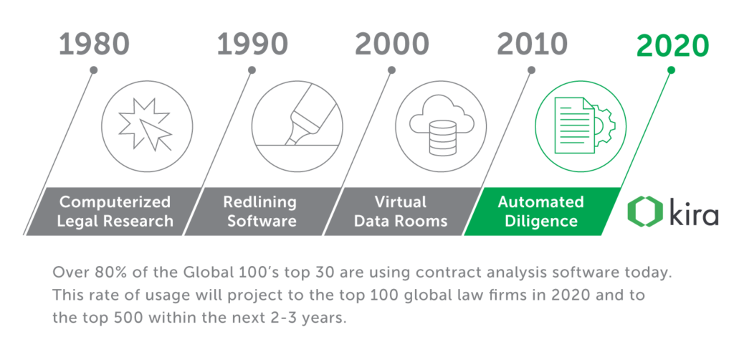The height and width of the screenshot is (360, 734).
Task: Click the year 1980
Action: click(x=94, y=44)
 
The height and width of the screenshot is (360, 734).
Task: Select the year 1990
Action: click(x=252, y=44)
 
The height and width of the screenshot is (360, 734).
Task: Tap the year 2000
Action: click(x=392, y=44)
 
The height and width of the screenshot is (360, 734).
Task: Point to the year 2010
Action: click(x=533, y=44)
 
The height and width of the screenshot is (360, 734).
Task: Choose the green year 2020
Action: click(x=672, y=46)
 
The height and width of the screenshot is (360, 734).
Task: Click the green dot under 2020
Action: click(x=671, y=70)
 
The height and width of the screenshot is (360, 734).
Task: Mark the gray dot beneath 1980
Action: click(x=94, y=70)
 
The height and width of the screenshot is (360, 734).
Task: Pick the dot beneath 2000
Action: click(x=392, y=70)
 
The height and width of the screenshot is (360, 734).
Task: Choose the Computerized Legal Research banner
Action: click(x=114, y=211)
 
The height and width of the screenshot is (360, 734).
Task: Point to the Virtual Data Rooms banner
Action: click(x=401, y=211)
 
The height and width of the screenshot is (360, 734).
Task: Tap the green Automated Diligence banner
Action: click(x=541, y=211)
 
